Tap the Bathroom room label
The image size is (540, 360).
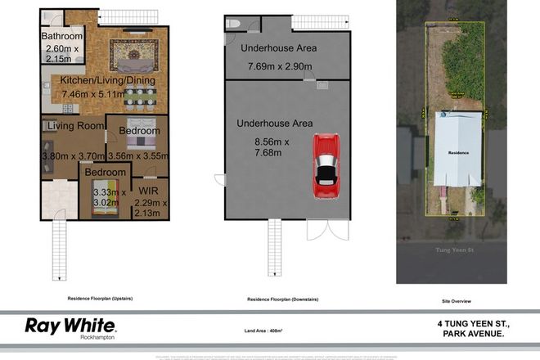[x=63, y=37]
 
